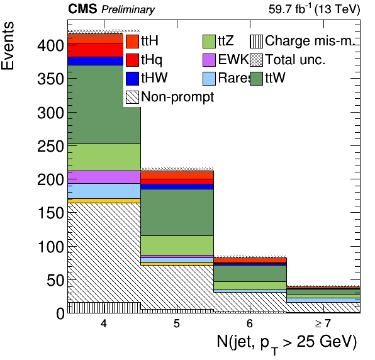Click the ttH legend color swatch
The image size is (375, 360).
132,41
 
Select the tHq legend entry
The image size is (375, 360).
144,60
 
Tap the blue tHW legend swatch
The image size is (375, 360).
132,79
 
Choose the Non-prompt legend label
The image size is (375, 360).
177,97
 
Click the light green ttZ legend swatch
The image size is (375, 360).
209,41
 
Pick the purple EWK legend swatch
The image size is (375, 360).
209,60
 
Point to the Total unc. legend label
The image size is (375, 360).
295,59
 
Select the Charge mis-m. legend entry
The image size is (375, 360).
301,41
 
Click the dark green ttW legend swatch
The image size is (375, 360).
256,79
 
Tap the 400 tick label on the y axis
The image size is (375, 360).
51,45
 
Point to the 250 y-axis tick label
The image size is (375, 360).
51,146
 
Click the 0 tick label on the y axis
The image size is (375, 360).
60,313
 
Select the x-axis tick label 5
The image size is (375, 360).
177,323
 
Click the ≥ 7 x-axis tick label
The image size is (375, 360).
323,323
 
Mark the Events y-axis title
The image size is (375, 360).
8,46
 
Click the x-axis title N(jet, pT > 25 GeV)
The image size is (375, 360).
287,343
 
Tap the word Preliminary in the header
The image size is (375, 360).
128,10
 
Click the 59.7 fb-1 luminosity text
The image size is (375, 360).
290,9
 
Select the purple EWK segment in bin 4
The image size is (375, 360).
104,177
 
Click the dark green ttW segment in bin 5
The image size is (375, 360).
177,212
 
